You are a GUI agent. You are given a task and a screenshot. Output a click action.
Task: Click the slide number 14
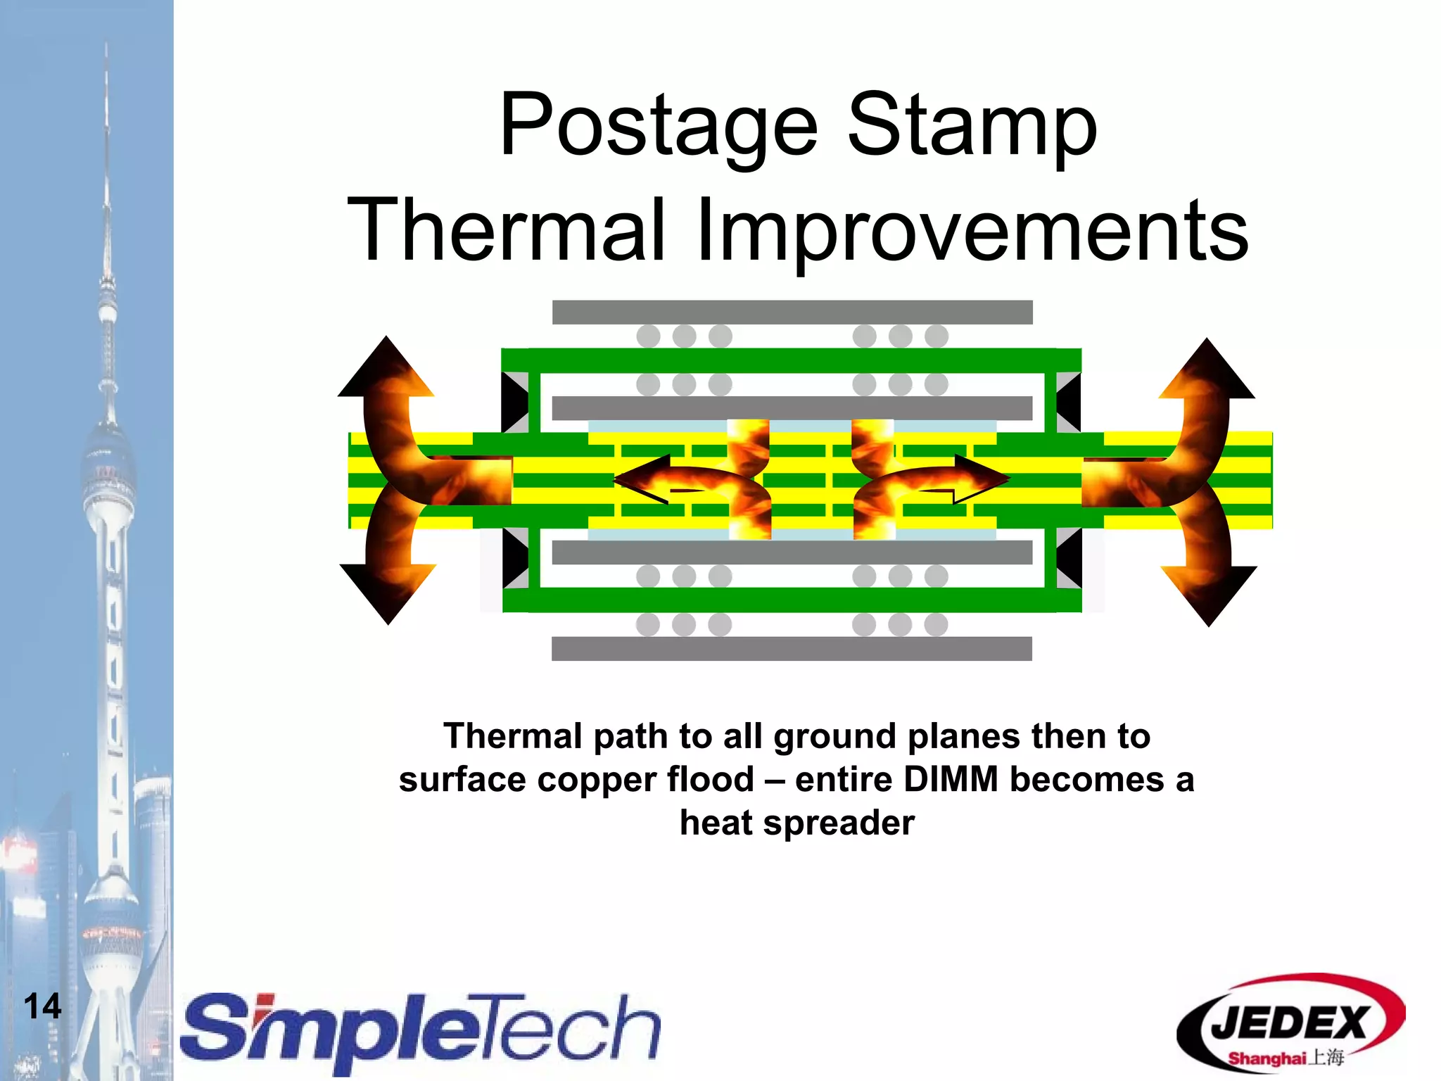pos(42,1006)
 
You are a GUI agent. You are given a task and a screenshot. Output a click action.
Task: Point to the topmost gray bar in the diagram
pos(792,312)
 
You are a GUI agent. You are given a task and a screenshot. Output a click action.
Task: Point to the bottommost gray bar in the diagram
pos(792,648)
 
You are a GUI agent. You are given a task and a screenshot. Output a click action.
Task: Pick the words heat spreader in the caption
pos(796,823)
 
